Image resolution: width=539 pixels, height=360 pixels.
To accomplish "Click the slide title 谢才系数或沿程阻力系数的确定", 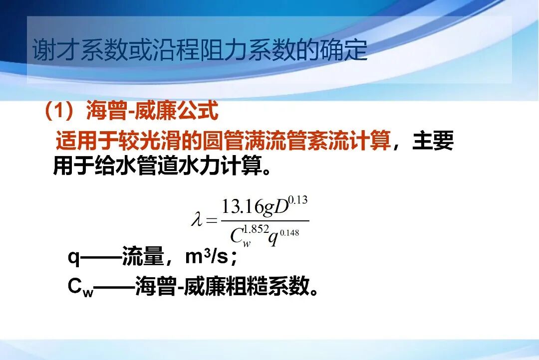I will point(200,51).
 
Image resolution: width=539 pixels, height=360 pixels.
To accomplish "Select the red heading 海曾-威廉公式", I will point(152,111).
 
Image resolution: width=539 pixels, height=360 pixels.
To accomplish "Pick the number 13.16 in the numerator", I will point(242,206).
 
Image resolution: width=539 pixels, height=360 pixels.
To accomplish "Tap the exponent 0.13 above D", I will point(298,200).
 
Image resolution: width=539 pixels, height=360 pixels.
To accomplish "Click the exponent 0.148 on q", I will point(289,232).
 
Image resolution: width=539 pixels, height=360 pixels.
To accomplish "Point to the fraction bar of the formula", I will point(265,221).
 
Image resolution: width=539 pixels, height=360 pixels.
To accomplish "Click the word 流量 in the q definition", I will point(142,257).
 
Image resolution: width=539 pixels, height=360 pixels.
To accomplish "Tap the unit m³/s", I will point(206,257).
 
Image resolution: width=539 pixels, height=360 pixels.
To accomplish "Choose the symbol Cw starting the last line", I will point(80,288).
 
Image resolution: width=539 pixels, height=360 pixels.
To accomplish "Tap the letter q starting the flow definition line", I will point(73,258).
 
